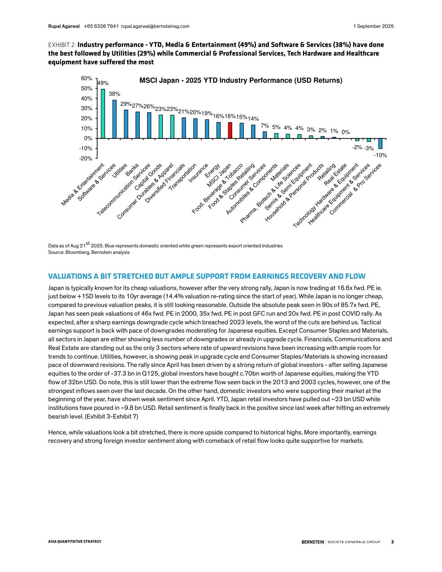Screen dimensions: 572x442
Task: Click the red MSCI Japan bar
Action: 230,130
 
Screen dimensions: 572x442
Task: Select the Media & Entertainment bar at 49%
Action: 103,114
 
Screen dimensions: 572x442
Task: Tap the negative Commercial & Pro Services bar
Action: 380,144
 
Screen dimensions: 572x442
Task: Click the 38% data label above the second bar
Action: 114,94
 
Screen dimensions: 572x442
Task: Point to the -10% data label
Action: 380,155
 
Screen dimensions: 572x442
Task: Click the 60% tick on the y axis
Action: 87,78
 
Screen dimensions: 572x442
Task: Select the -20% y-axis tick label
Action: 86,159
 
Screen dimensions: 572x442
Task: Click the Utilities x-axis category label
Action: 120,170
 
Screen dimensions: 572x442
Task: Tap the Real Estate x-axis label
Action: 335,174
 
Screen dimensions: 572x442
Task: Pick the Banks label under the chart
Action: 132,170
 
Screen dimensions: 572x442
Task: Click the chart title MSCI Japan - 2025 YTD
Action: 240,81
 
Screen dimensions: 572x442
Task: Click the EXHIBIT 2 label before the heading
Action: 62,45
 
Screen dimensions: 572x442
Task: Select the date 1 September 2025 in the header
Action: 373,26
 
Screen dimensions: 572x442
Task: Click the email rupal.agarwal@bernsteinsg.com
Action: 155,26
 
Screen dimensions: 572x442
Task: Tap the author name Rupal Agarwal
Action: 64,26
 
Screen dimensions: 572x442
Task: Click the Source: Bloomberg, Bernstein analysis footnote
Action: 89,252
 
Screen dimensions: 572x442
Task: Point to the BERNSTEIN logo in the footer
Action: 313,542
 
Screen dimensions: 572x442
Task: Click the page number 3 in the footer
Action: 392,542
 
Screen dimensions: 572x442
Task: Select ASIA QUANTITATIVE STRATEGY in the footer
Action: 75,541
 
